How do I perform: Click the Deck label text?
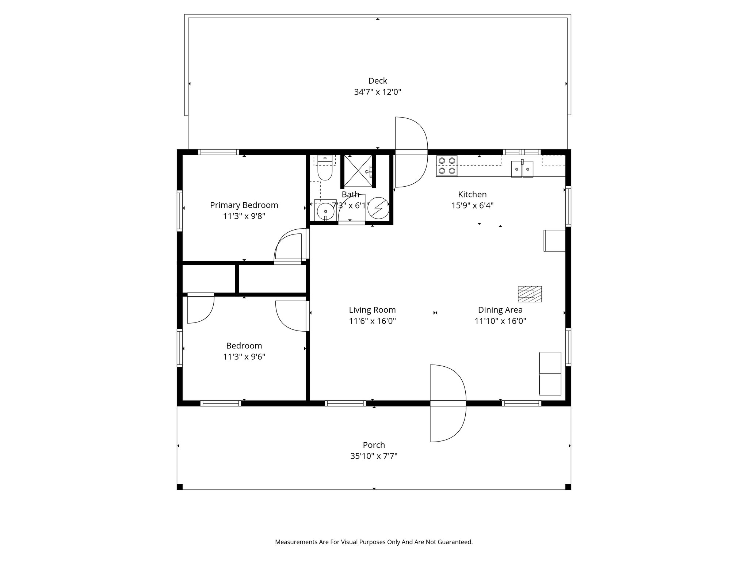pos(378,81)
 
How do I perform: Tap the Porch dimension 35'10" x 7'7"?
pos(374,456)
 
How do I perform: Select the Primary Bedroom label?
pos(244,205)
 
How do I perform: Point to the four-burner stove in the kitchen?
pos(447,165)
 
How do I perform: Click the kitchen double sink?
pos(522,169)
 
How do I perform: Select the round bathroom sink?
pos(325,210)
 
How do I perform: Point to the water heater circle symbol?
pos(377,208)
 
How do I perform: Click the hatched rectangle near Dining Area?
pos(530,294)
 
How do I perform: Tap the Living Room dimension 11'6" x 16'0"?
pos(373,321)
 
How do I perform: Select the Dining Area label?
pos(500,310)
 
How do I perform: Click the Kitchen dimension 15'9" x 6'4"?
pos(473,205)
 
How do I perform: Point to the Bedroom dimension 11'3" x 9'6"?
pos(244,356)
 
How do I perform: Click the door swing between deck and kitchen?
pos(411,152)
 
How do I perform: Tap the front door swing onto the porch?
pos(448,403)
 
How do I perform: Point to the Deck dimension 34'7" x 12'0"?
pos(378,92)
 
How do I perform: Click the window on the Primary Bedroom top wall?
pos(218,152)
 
